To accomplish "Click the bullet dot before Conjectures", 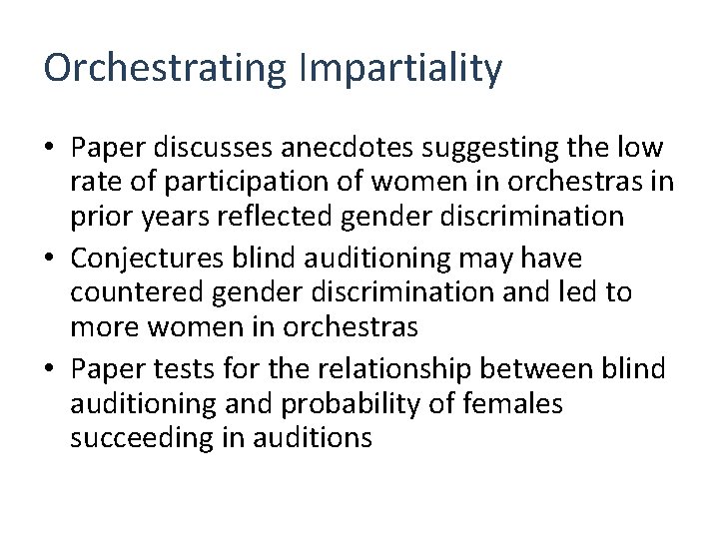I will pos(50,260).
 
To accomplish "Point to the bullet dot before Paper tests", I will pos(50,369).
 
